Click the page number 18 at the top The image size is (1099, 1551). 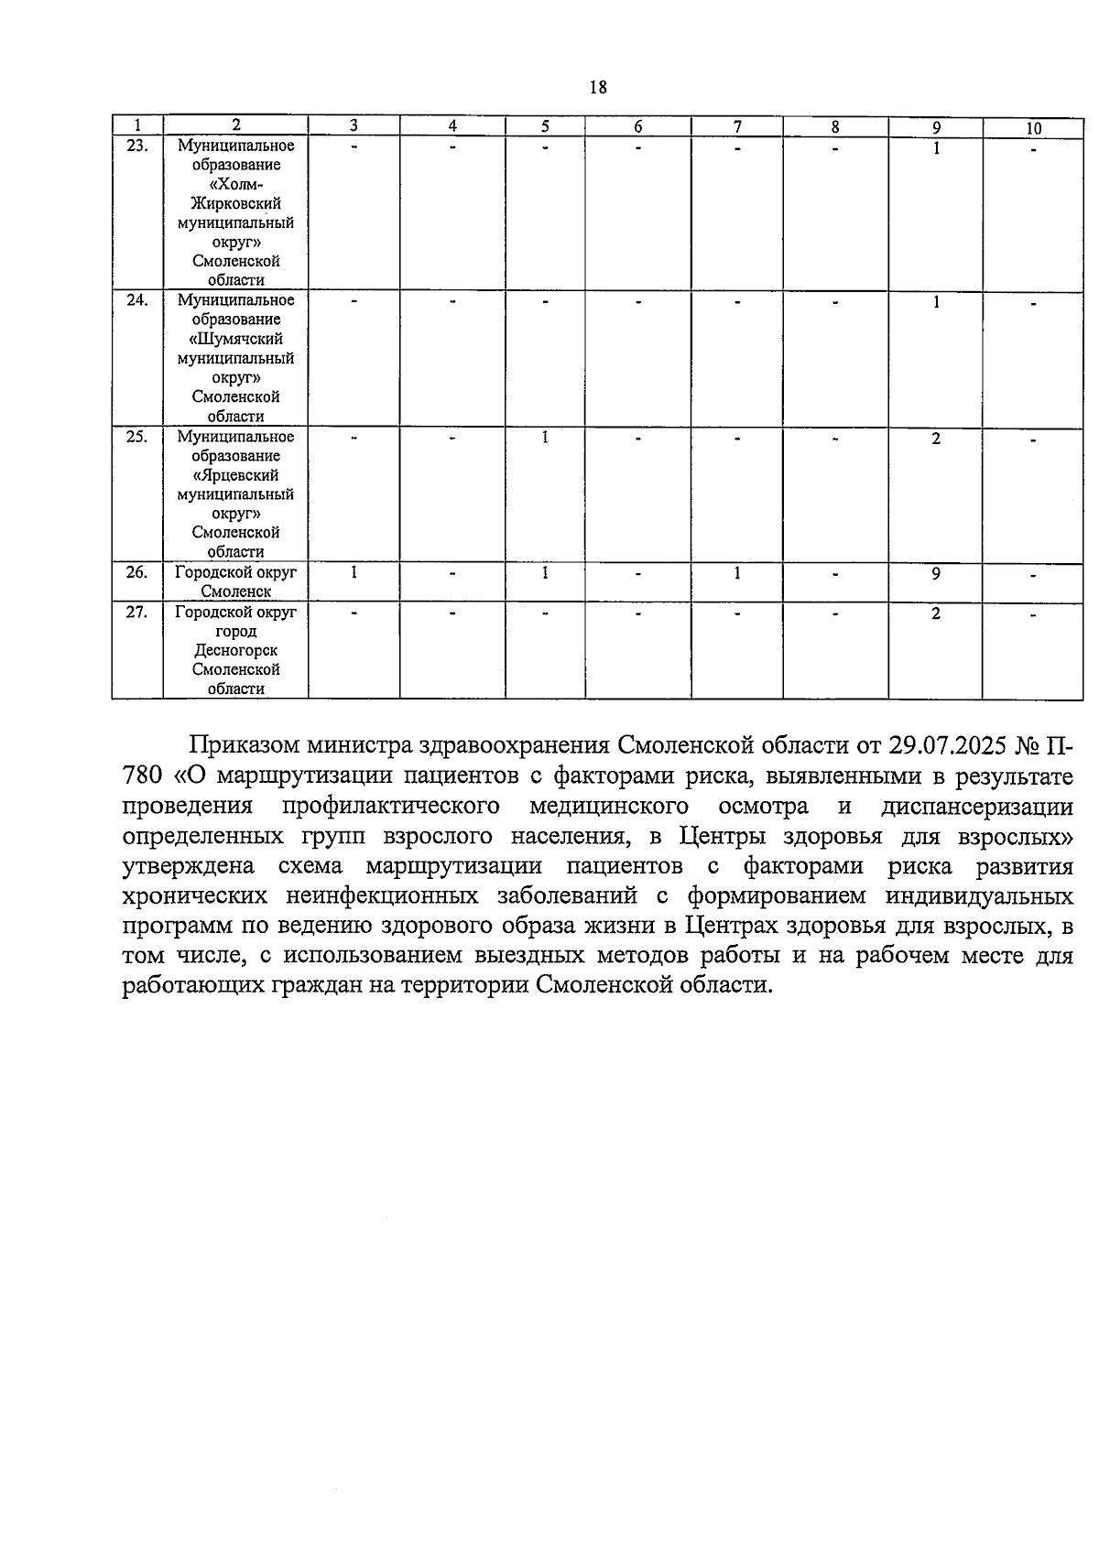[x=598, y=87]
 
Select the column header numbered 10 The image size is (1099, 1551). [x=1032, y=128]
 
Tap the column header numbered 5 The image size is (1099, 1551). [x=545, y=127]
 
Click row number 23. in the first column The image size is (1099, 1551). [x=136, y=146]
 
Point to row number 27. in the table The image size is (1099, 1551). [x=136, y=613]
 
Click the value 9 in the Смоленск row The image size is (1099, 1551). [x=936, y=574]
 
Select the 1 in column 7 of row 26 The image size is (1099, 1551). [x=736, y=573]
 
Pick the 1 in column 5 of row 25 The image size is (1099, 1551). [x=545, y=438]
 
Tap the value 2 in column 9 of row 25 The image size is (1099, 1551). [x=936, y=439]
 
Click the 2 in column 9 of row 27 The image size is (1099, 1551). [x=936, y=613]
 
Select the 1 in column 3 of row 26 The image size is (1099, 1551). [x=354, y=573]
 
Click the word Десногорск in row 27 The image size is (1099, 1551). [x=235, y=651]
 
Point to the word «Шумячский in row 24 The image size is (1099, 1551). [x=235, y=339]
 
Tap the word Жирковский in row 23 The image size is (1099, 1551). [x=235, y=203]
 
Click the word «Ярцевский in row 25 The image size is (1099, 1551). [x=235, y=475]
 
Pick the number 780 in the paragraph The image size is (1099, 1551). [x=142, y=775]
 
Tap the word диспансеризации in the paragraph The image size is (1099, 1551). [x=976, y=806]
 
